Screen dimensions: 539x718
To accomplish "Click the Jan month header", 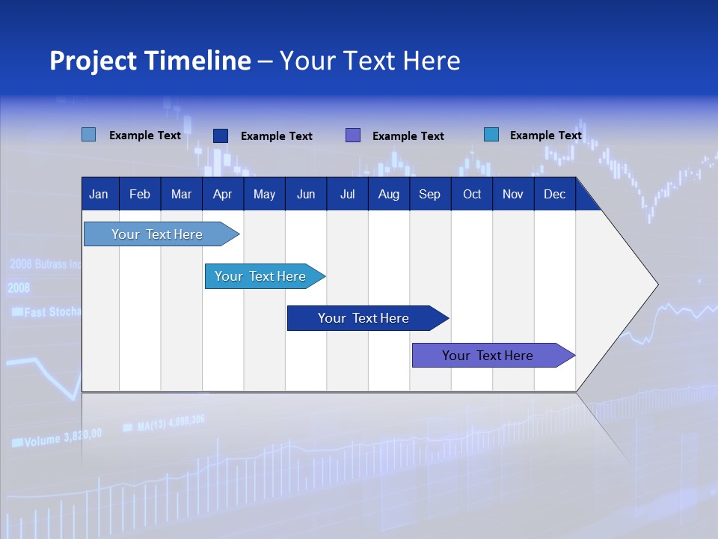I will point(99,194).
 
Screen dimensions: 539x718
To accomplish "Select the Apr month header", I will point(222,194).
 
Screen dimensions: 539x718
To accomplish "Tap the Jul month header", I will point(347,194).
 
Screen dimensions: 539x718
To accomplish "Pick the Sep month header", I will point(429,194).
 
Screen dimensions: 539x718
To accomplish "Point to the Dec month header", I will point(554,194).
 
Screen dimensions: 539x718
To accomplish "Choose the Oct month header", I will point(471,194).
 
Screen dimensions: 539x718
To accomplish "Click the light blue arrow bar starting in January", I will point(157,234).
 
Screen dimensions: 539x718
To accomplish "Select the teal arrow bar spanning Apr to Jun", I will point(260,276).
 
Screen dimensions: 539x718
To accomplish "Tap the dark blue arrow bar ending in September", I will point(363,318).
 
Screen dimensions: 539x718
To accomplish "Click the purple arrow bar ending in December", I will point(488,356).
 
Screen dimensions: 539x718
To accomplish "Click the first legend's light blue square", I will point(89,135).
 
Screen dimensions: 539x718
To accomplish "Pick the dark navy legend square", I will point(221,135).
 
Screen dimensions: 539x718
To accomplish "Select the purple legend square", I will point(353,135).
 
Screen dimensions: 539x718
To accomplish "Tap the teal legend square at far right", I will point(491,135).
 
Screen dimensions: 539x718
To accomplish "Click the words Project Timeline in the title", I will point(150,61).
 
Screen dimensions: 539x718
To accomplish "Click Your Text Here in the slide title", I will point(369,61).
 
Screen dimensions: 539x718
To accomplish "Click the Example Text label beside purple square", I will point(408,136).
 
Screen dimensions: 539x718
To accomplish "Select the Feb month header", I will point(139,194).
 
